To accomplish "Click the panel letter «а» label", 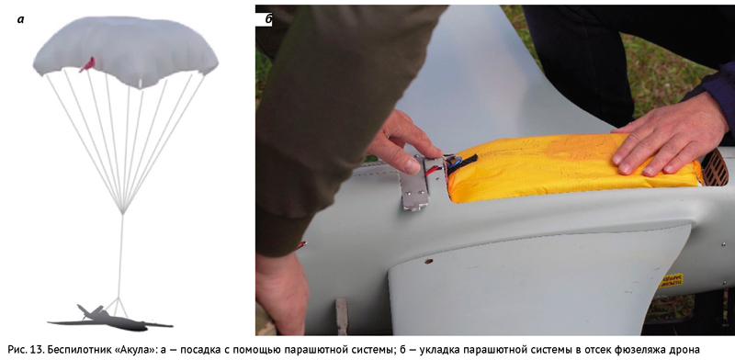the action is pos(20,19).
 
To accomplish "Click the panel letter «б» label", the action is pos(269,19).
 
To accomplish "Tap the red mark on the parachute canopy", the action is pos(87,64).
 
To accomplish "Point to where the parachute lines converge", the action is pos(123,213).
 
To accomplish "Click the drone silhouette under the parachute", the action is pos(110,319).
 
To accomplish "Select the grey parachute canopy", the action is pos(125,51).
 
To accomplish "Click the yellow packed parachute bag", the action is pos(571,166).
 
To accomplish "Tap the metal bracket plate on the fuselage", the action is pos(416,186).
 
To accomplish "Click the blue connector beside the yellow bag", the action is pos(454,163).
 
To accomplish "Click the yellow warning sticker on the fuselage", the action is pos(672,280).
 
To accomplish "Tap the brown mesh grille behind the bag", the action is pos(714,168).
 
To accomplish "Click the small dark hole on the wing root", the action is pos(428,261).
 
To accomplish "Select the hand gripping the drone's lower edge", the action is pos(281,290).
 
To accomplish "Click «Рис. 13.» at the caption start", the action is pos(24,349).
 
